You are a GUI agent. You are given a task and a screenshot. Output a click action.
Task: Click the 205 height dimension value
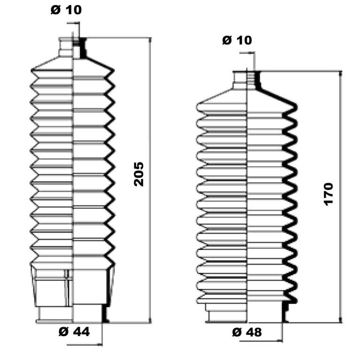pyautogui.click(x=138, y=174)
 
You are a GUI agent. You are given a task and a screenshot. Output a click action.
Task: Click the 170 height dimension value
pyautogui.click(x=328, y=194)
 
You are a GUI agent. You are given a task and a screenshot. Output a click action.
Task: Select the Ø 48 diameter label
pyautogui.click(x=247, y=332)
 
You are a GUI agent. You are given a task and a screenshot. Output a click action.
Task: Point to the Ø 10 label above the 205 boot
pyautogui.click(x=66, y=10)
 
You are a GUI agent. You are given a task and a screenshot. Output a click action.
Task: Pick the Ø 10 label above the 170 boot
pyautogui.click(x=237, y=40)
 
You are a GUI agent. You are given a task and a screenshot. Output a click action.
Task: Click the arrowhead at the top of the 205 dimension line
pyautogui.click(x=150, y=40)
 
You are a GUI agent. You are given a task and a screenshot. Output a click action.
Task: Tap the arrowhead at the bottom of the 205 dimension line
pyautogui.click(x=150, y=320)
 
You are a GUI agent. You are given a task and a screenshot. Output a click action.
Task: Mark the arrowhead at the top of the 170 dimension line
pyautogui.click(x=340, y=74)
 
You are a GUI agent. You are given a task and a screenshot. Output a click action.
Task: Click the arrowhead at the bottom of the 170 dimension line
pyautogui.click(x=340, y=320)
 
